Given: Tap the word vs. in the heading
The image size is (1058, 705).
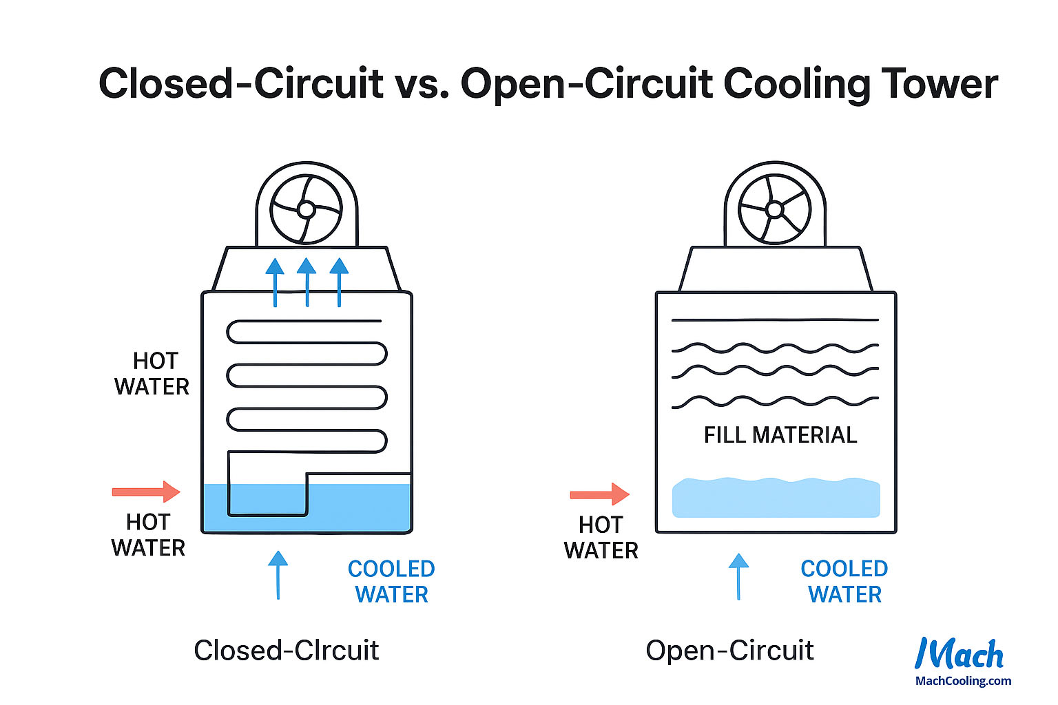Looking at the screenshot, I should (422, 83).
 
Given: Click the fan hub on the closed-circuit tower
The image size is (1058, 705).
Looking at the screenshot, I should (307, 209).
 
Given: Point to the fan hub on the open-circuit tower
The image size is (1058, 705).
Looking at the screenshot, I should (775, 209).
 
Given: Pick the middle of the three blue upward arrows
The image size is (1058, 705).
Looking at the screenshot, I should (307, 282).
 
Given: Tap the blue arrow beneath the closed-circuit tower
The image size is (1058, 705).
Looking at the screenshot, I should (278, 575).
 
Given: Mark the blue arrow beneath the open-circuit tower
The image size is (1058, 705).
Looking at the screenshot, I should (738, 576).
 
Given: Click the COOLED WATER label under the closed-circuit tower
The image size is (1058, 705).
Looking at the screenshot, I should (391, 582).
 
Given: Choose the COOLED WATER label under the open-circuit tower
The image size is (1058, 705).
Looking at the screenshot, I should (844, 582).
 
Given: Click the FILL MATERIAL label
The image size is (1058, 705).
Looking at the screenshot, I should (780, 435).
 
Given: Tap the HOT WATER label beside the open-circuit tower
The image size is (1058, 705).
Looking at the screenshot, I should (601, 538).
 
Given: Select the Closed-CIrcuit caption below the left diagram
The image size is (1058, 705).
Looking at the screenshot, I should (286, 651).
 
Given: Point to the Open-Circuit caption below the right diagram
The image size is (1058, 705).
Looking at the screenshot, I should (729, 651).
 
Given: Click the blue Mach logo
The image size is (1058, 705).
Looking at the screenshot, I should (960, 654).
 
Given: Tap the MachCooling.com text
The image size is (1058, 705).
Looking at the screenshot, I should (963, 681).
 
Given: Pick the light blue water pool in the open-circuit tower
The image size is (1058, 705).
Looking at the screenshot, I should (776, 498).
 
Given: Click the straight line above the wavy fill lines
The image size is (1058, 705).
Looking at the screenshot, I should (775, 320).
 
